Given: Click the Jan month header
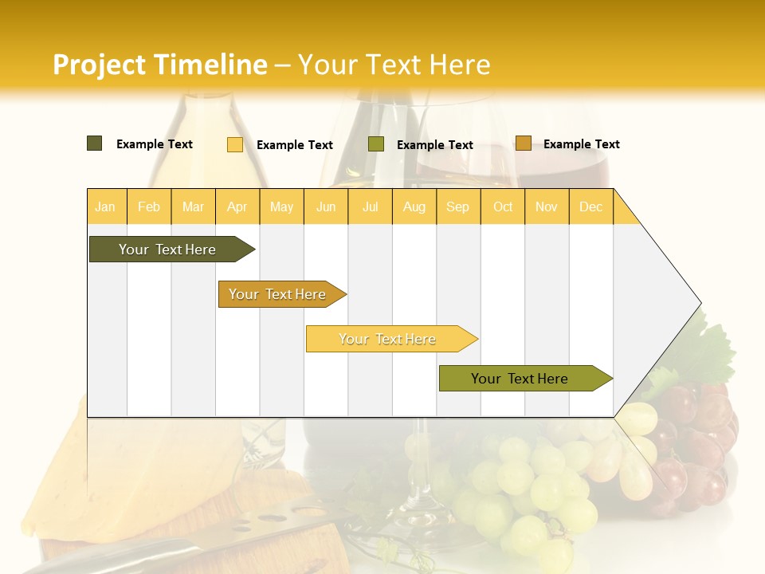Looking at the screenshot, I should [x=105, y=207].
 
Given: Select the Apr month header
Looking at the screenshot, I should [x=237, y=207].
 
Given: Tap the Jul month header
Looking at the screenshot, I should [x=370, y=207].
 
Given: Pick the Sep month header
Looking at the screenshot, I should [x=457, y=207].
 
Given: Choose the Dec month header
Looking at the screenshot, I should [x=590, y=207].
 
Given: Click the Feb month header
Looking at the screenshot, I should [x=149, y=207].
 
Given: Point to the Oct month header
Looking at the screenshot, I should [x=503, y=207].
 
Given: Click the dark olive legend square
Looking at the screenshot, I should [x=95, y=143].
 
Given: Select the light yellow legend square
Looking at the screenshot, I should [x=235, y=144].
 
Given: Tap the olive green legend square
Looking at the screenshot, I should [x=376, y=144].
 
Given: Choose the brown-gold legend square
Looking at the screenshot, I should [x=523, y=143].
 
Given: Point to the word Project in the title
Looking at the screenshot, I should [x=100, y=65].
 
